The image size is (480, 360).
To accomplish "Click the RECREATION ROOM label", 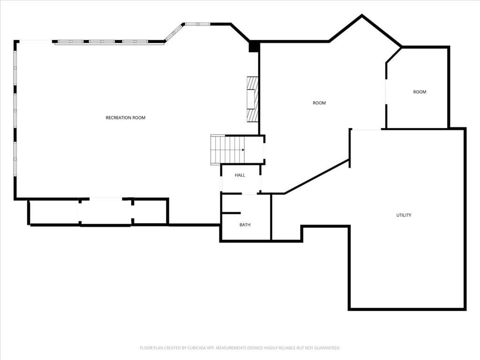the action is (126, 118).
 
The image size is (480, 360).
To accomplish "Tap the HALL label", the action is (240, 175).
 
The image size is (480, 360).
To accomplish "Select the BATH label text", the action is (245, 225).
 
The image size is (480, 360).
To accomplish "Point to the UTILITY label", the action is (404, 215).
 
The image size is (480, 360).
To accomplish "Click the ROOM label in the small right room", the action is (420, 92).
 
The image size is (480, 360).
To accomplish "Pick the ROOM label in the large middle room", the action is (319, 103).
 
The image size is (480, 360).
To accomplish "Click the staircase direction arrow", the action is (243, 150).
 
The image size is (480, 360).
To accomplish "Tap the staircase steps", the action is (228, 150).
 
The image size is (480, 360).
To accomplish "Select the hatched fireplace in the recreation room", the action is (253, 99).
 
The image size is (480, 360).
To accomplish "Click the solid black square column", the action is (254, 46).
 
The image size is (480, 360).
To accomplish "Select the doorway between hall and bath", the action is (249, 194).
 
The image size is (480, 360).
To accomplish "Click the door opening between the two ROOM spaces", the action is (386, 92).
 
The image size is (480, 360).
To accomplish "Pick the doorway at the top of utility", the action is (366, 129).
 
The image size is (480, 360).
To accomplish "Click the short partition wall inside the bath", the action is (231, 213).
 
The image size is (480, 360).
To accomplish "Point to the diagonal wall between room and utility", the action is (317, 177).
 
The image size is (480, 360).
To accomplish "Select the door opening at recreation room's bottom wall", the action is (106, 199).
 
